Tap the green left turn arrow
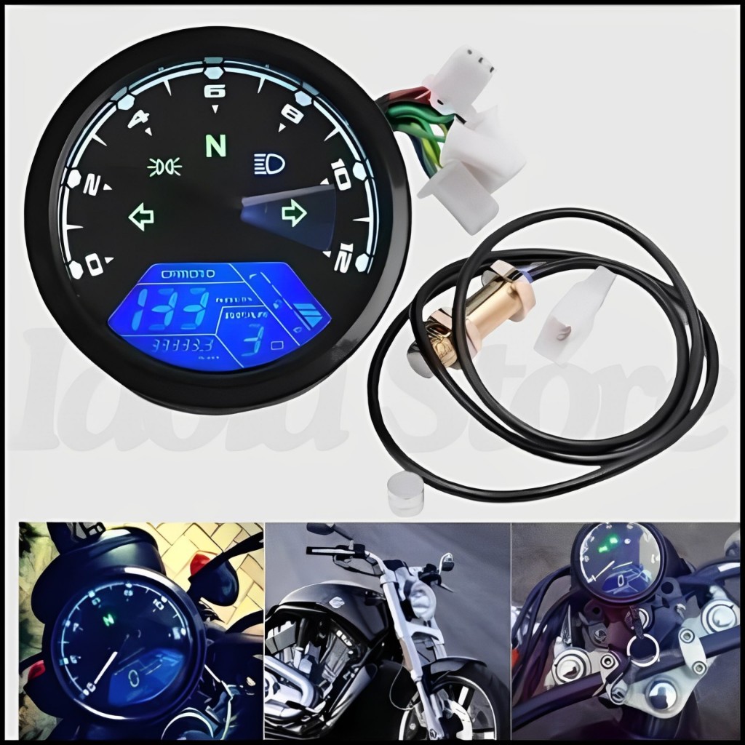pyautogui.click(x=142, y=215)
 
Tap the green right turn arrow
pyautogui.click(x=293, y=213)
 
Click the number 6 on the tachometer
pyautogui.click(x=215, y=92)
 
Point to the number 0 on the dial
pyautogui.click(x=93, y=266)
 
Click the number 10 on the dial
pyautogui.click(x=340, y=175)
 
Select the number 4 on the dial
pyautogui.click(x=137, y=119)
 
